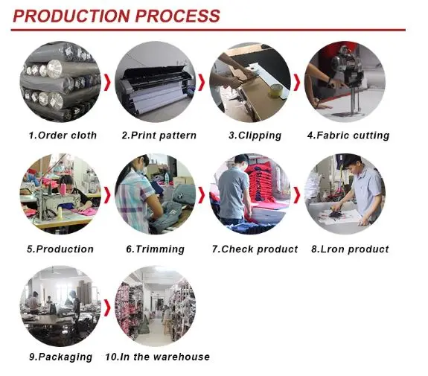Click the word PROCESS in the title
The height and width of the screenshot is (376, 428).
pos(178,16)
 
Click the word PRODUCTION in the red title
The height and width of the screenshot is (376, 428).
pos(71,16)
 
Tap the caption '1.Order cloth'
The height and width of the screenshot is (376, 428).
pos(63,136)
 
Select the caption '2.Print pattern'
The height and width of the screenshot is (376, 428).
pos(159,136)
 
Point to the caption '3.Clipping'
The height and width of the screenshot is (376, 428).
pos(255,136)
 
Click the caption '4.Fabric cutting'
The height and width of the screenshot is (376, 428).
pos(348,136)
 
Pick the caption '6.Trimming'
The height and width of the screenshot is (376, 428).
pos(155,249)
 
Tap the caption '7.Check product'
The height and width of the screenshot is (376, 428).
pos(255,249)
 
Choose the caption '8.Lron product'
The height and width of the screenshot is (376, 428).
pos(350,249)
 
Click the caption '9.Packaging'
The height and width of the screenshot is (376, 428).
pos(60,357)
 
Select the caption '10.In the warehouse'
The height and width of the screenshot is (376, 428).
pos(158,357)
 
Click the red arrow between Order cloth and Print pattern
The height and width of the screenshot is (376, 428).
pos(108,82)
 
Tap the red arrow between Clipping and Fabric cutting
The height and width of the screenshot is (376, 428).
pos(297,82)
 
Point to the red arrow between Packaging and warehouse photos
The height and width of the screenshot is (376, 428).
pos(108,308)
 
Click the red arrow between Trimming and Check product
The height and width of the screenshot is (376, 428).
pos(202,195)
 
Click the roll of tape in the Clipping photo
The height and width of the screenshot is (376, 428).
pos(276,90)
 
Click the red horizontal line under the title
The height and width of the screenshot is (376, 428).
pos(208,30)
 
